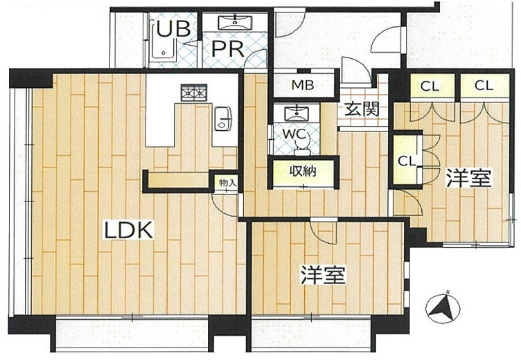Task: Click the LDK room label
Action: (129, 229)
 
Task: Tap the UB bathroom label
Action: (173, 28)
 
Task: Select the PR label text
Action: (228, 48)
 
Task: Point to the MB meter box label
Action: (302, 85)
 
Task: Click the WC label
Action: (294, 134)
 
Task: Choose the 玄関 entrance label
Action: (362, 109)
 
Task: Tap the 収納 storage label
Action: (303, 172)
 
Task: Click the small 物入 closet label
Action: (228, 182)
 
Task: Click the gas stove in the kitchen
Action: (194, 92)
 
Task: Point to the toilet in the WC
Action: (302, 145)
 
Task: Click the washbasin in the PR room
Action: (235, 23)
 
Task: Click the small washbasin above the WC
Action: (297, 114)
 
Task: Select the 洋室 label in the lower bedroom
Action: (324, 275)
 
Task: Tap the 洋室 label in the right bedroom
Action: (468, 178)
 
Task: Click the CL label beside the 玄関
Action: (430, 87)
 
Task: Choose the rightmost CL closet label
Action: (484, 86)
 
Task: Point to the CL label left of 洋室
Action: (407, 161)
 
